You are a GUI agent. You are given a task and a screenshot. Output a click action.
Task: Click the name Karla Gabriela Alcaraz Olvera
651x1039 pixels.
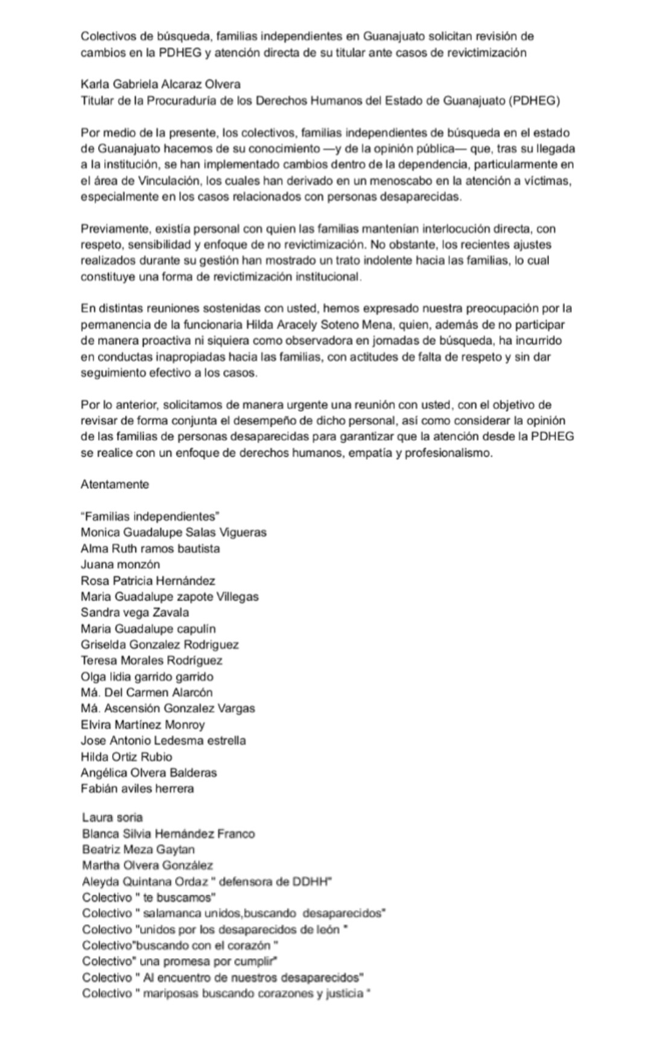pos(160,85)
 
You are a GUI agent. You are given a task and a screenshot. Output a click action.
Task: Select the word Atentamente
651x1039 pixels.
pos(115,484)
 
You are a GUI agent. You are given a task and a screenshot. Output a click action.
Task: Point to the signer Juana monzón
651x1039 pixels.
pos(121,564)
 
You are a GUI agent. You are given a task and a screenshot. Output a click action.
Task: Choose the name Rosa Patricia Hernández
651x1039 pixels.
pos(148,581)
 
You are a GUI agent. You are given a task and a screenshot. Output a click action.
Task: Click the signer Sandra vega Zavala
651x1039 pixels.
pos(135,612)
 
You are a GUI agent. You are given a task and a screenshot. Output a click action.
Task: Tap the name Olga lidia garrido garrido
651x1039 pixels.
pos(147,676)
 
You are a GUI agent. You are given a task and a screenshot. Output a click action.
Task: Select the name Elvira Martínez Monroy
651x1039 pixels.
pos(142,724)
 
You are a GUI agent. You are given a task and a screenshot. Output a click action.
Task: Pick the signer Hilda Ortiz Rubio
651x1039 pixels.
pos(126,756)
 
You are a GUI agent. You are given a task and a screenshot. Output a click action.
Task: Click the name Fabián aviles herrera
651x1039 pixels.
pos(137,788)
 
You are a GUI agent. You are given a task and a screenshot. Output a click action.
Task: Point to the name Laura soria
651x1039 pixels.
pos(112,817)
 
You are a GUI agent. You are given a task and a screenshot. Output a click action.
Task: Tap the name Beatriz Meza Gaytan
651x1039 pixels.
pos(138,849)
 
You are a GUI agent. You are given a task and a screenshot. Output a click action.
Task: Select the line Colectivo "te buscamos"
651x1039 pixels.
pos(149,897)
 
